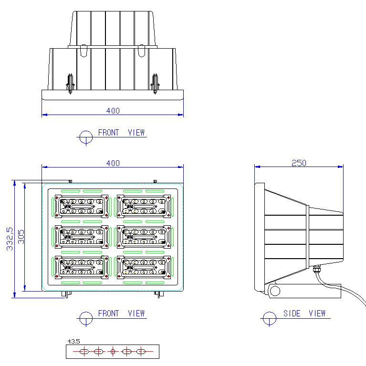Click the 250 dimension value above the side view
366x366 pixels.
click(x=299, y=163)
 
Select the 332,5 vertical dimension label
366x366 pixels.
click(x=10, y=239)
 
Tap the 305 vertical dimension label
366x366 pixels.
click(x=21, y=237)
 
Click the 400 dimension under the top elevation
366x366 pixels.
click(x=113, y=111)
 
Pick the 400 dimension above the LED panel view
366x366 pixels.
click(x=113, y=163)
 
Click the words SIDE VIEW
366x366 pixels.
click(x=304, y=313)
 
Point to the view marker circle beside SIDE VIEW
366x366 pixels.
click(x=270, y=318)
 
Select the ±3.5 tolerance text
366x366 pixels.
click(x=74, y=342)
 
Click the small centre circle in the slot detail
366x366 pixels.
click(x=113, y=351)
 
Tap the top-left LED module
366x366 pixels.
click(x=82, y=206)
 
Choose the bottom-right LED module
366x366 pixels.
click(x=144, y=267)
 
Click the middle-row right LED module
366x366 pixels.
click(x=144, y=237)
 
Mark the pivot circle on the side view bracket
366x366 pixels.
click(x=275, y=291)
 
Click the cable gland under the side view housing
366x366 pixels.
click(x=316, y=269)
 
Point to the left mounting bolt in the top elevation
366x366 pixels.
click(x=70, y=84)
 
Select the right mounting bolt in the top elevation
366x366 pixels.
click(x=155, y=84)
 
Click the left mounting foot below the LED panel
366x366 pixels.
click(x=66, y=294)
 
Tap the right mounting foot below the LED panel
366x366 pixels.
click(x=159, y=294)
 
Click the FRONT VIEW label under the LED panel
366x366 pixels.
click(x=121, y=313)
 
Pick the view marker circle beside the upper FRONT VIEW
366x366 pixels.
click(x=86, y=137)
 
